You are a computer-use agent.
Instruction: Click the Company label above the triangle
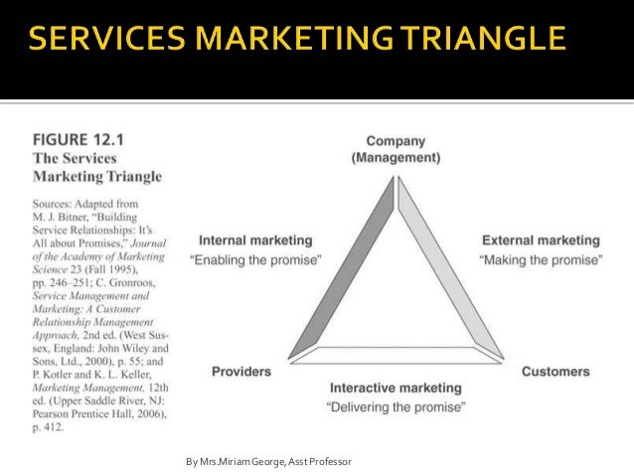396,140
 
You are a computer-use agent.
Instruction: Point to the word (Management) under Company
396,157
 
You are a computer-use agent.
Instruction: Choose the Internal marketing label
255,239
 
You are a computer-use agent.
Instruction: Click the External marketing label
541,239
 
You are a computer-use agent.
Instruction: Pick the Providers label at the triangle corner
241,371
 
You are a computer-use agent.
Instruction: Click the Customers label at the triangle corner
555,371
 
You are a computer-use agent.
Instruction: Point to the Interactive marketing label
396,387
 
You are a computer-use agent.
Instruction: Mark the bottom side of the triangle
397,350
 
